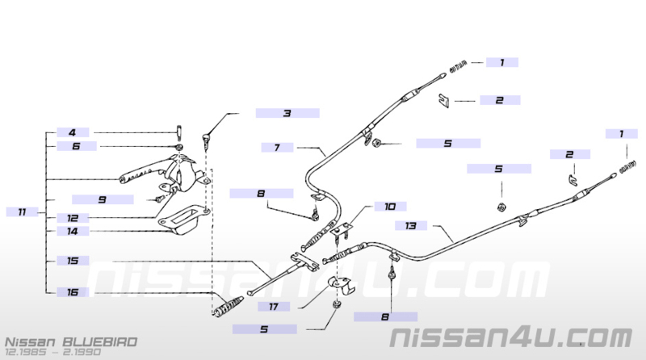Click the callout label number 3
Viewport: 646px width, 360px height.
point(287,113)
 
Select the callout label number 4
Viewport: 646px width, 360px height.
point(73,132)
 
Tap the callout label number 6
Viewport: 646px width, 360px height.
point(76,146)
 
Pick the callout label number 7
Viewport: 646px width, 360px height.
point(277,148)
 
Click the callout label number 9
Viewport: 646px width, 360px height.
point(103,199)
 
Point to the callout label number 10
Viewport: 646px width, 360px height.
point(390,207)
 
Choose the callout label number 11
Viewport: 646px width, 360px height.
point(23,212)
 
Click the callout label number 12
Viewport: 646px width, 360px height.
point(73,218)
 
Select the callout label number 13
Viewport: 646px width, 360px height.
point(411,226)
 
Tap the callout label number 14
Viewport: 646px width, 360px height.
point(73,231)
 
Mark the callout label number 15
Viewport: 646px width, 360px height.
point(73,261)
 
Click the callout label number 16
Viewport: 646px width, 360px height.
point(73,292)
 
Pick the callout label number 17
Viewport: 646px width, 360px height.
point(274,307)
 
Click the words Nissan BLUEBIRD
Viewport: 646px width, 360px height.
point(71,342)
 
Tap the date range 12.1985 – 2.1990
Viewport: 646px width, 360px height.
point(52,352)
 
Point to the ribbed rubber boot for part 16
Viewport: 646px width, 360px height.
point(229,306)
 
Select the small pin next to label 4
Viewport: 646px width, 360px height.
point(179,132)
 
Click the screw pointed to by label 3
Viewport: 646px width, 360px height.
point(206,140)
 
